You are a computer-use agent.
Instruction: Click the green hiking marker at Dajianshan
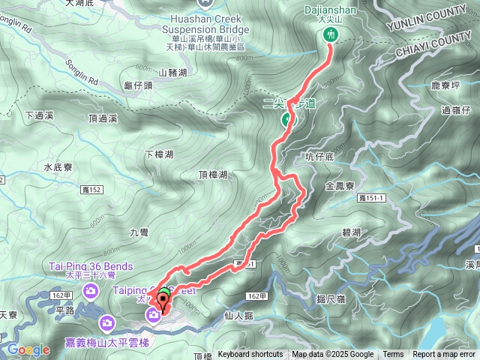(330, 34)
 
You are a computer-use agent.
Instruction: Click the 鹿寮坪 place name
(448, 86)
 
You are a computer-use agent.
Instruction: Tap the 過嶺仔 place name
(455, 109)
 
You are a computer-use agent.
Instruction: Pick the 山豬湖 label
(173, 73)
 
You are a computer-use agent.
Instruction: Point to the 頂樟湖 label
(213, 175)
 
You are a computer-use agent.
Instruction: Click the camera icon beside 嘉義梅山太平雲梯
(108, 323)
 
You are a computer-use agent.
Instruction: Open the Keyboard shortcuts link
(250, 355)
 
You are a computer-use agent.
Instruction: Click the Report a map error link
(445, 355)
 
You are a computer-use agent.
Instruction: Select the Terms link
(393, 355)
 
